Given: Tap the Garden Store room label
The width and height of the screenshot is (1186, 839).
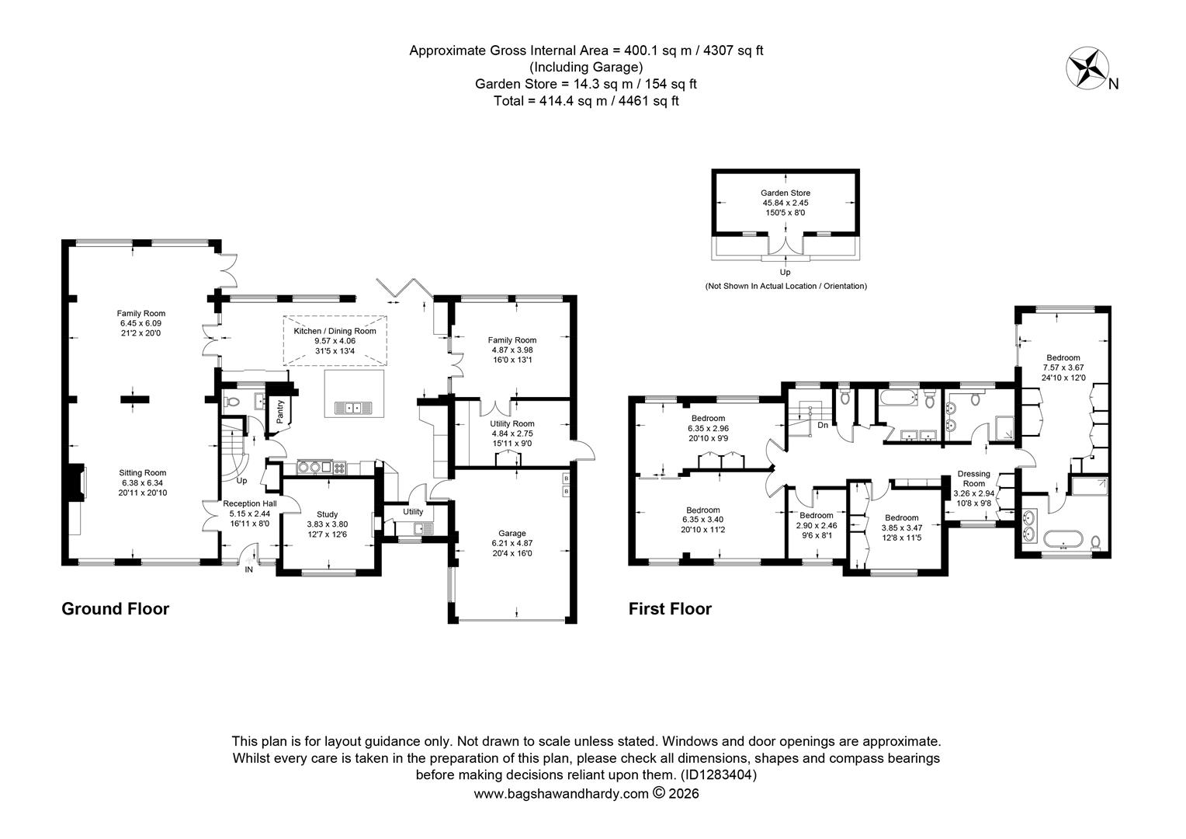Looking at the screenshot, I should pos(785,193).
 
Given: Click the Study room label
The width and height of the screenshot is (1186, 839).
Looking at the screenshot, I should pos(328,513).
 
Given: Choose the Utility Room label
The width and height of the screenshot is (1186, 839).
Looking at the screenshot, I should pos(512,423).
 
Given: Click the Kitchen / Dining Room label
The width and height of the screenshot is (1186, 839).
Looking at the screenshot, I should pos(335,331).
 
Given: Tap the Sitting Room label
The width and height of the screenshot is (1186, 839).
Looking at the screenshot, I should pos(142,472).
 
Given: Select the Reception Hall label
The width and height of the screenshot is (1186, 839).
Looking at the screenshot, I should pos(249,503).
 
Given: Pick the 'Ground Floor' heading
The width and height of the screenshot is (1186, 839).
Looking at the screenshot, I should pos(115,609).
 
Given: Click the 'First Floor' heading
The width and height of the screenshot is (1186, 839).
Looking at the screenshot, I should pos(669,609).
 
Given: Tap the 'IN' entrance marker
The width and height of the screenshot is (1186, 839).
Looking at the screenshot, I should pos(249,569).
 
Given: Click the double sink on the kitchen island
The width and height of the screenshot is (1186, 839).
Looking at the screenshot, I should pos(354,407).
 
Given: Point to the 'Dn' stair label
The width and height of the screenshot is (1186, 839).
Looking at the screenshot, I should pos(822,425).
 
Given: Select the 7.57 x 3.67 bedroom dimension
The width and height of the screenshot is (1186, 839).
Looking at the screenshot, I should pos(1062,367).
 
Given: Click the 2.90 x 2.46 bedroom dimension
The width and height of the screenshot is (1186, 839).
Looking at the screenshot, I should pos(816,525).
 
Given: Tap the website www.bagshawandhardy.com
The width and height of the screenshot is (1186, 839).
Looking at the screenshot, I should pos(560,793).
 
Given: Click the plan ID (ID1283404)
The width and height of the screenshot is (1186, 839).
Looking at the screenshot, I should pos(718,775).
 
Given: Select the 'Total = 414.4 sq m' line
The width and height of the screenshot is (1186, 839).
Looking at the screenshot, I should pos(586,100).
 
